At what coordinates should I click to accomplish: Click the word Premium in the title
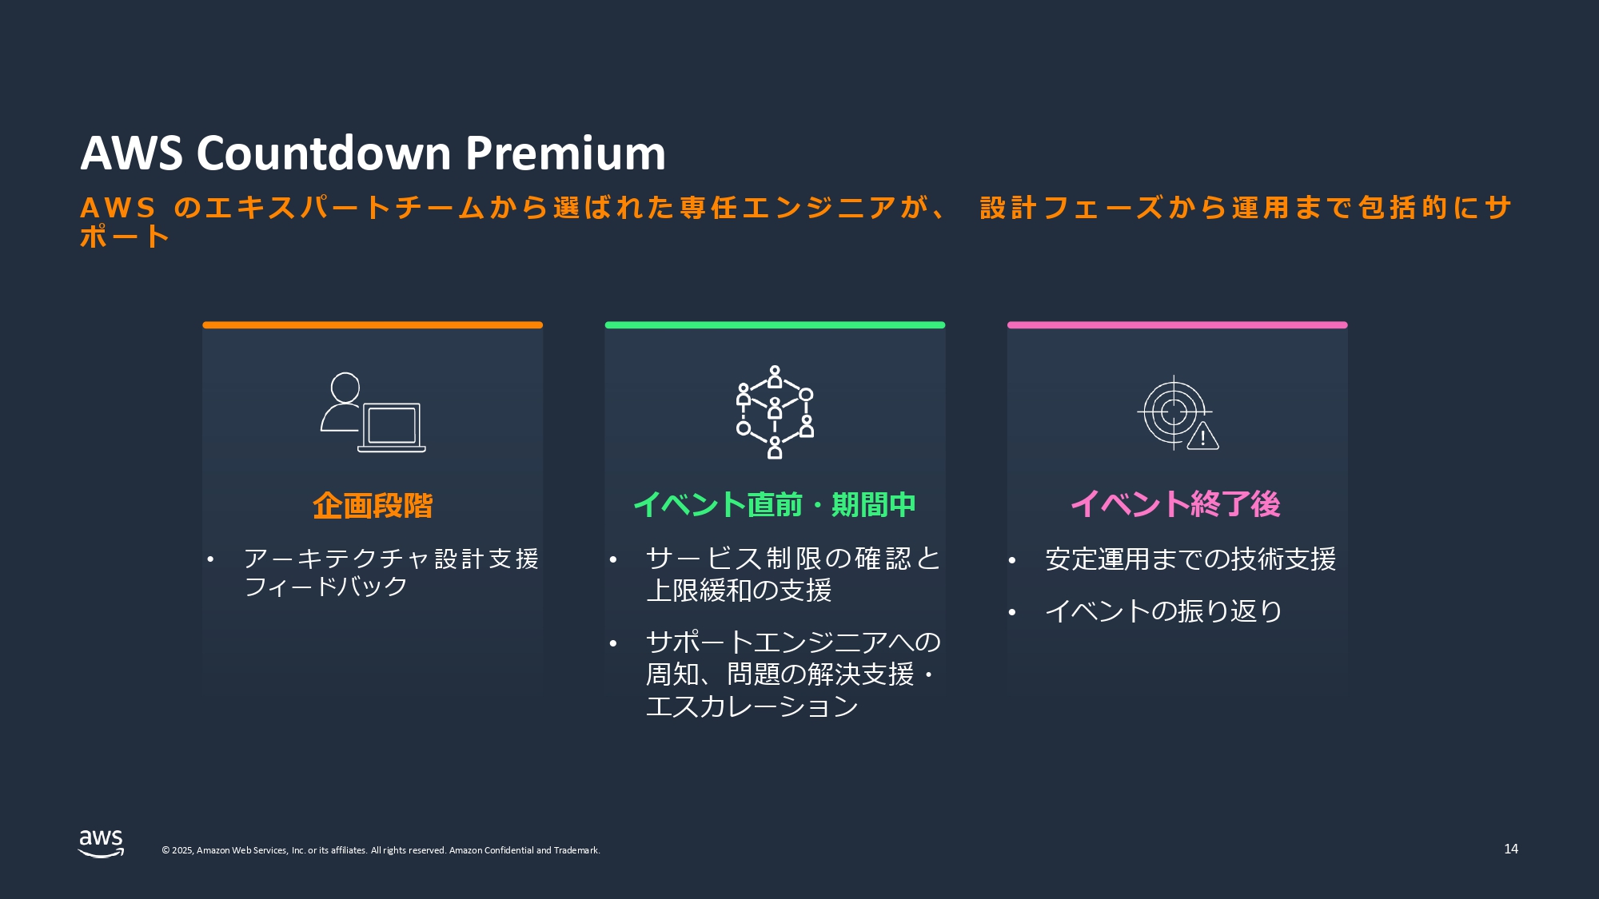(565, 153)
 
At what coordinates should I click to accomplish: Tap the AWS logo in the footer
(101, 843)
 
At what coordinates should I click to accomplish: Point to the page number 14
(1511, 849)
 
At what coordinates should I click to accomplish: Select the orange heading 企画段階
(373, 506)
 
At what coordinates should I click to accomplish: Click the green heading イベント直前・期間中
(775, 505)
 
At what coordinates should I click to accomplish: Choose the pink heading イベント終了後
(1176, 504)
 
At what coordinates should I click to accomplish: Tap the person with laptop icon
(373, 412)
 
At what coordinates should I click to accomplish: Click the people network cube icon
(775, 412)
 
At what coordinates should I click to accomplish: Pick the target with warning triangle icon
(1177, 412)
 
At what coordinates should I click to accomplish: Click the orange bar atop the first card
(373, 325)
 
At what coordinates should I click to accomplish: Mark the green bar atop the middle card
(775, 325)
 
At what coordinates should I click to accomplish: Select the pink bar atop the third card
(1177, 325)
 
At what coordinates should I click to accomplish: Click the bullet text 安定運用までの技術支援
(1190, 559)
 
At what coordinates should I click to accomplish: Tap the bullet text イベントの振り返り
(1164, 611)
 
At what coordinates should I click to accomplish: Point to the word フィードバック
(326, 587)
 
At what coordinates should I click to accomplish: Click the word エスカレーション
(752, 706)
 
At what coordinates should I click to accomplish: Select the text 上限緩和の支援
(739, 591)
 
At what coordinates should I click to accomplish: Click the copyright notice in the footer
(381, 850)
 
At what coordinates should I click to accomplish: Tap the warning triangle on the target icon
(1202, 436)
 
